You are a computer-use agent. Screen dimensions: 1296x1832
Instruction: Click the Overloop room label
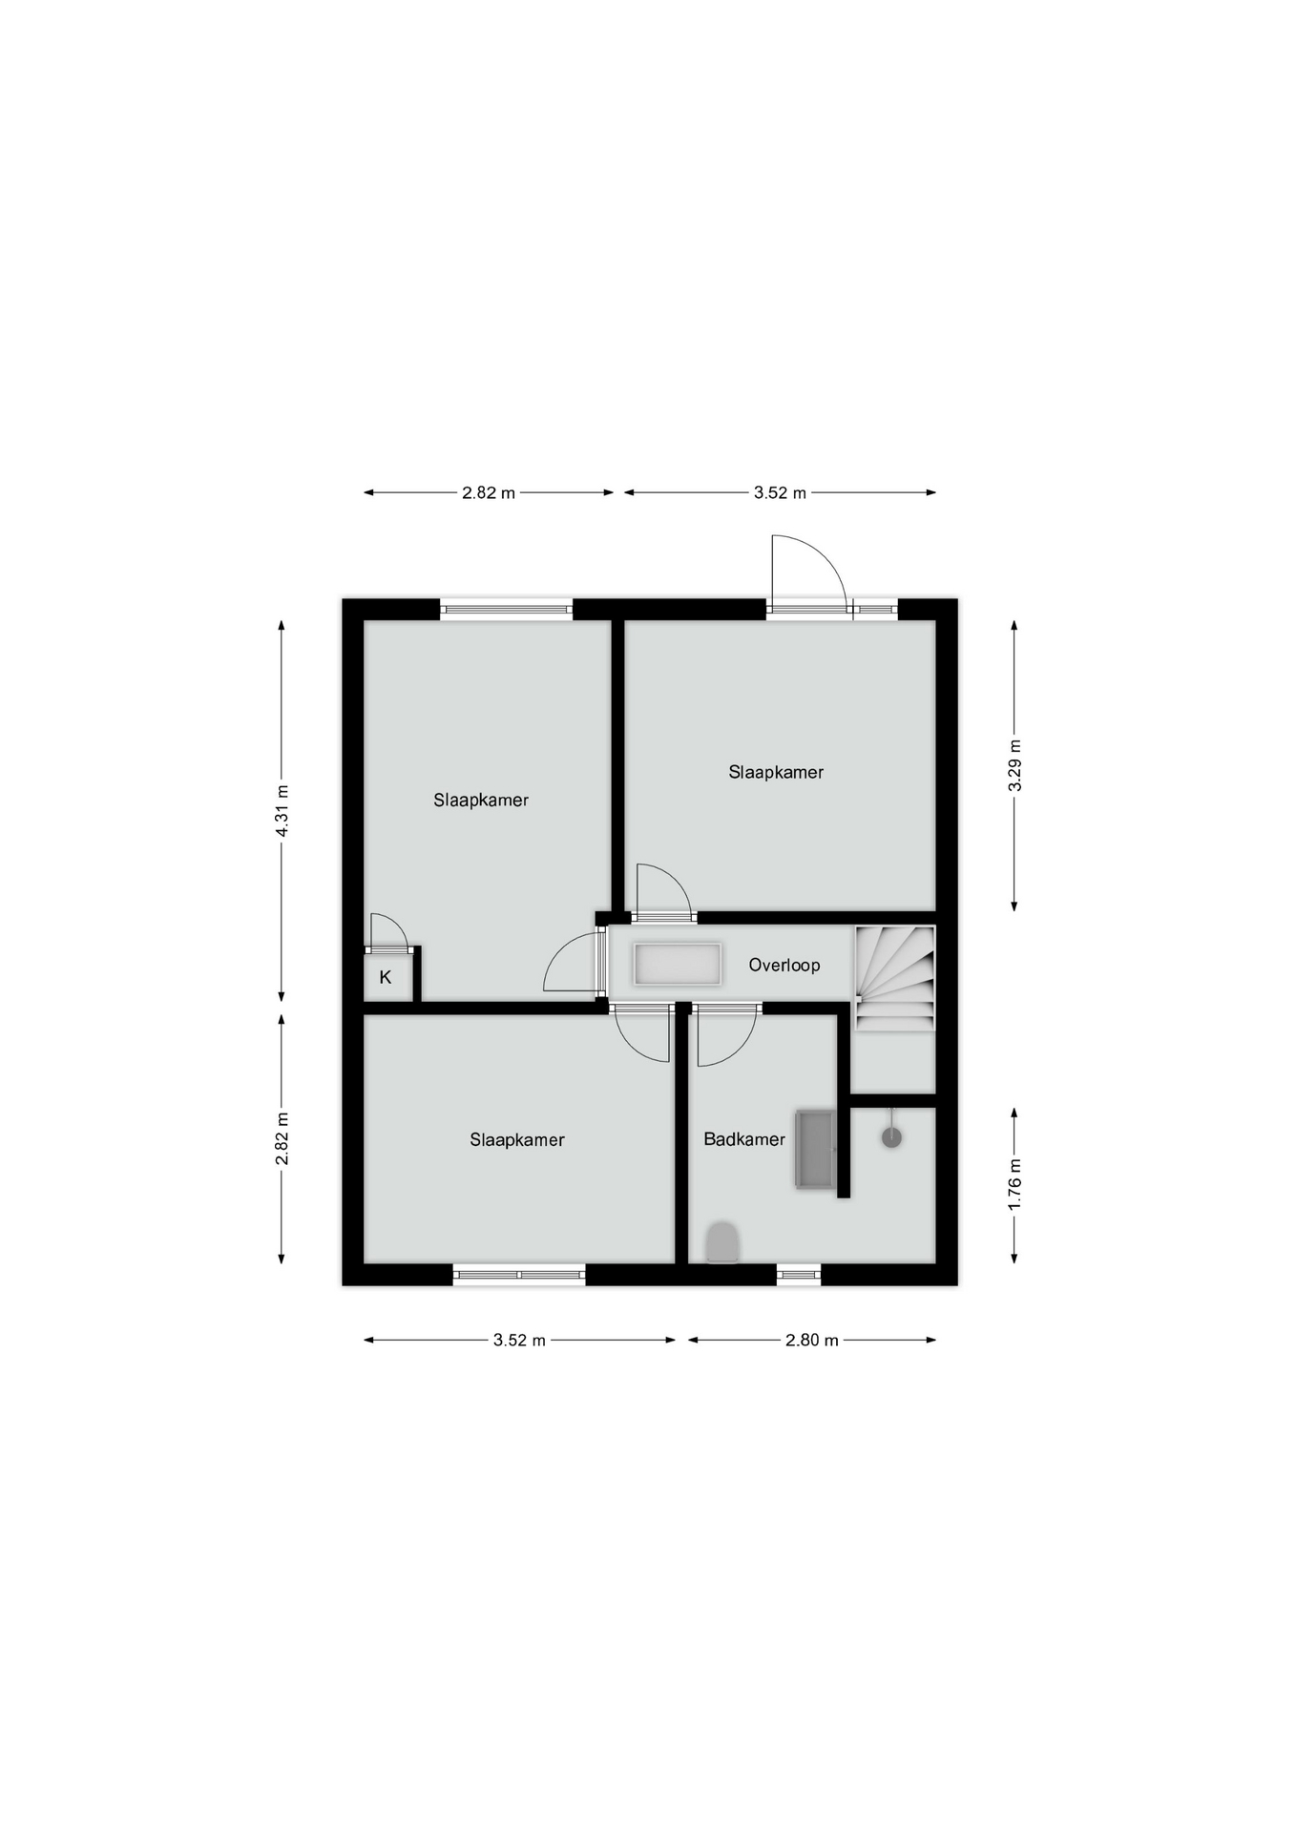point(784,965)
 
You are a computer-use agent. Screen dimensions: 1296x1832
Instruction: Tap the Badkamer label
point(744,1138)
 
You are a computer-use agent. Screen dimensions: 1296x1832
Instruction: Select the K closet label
point(386,977)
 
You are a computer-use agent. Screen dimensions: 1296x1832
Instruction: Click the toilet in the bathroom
point(722,1242)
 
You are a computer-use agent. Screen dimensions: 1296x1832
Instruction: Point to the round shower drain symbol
point(891,1136)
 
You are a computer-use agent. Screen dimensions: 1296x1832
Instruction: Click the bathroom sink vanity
point(815,1149)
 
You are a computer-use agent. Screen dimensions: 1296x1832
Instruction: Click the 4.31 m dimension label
point(282,810)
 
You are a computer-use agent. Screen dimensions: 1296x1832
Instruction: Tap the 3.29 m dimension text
point(1014,765)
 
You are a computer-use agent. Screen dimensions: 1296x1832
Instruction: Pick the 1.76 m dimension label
point(1014,1185)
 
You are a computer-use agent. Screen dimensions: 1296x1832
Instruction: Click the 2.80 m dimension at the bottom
point(812,1340)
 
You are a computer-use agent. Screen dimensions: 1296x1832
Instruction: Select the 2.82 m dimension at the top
point(489,492)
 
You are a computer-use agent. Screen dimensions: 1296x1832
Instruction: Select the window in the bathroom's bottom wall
point(799,1274)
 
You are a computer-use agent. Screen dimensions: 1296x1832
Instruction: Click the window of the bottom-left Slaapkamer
point(519,1274)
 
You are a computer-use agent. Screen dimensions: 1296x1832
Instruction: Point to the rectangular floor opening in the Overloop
point(678,964)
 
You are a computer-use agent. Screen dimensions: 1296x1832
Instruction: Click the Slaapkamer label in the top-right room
point(776,772)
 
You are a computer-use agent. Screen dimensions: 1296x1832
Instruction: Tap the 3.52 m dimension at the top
point(780,492)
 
